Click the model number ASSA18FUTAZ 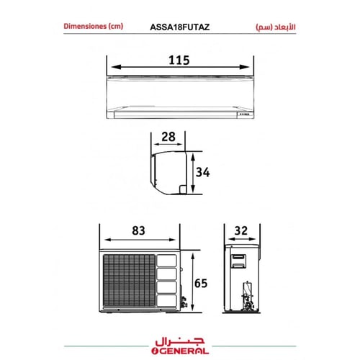(x=180, y=27)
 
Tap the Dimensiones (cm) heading (x=94, y=26)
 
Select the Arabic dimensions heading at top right (x=276, y=27)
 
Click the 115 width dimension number (x=179, y=60)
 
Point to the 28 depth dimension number (x=168, y=137)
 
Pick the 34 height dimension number (x=203, y=172)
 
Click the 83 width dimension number (x=138, y=230)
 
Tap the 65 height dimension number (x=201, y=283)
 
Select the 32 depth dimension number (x=241, y=230)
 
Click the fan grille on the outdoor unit (x=129, y=280)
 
